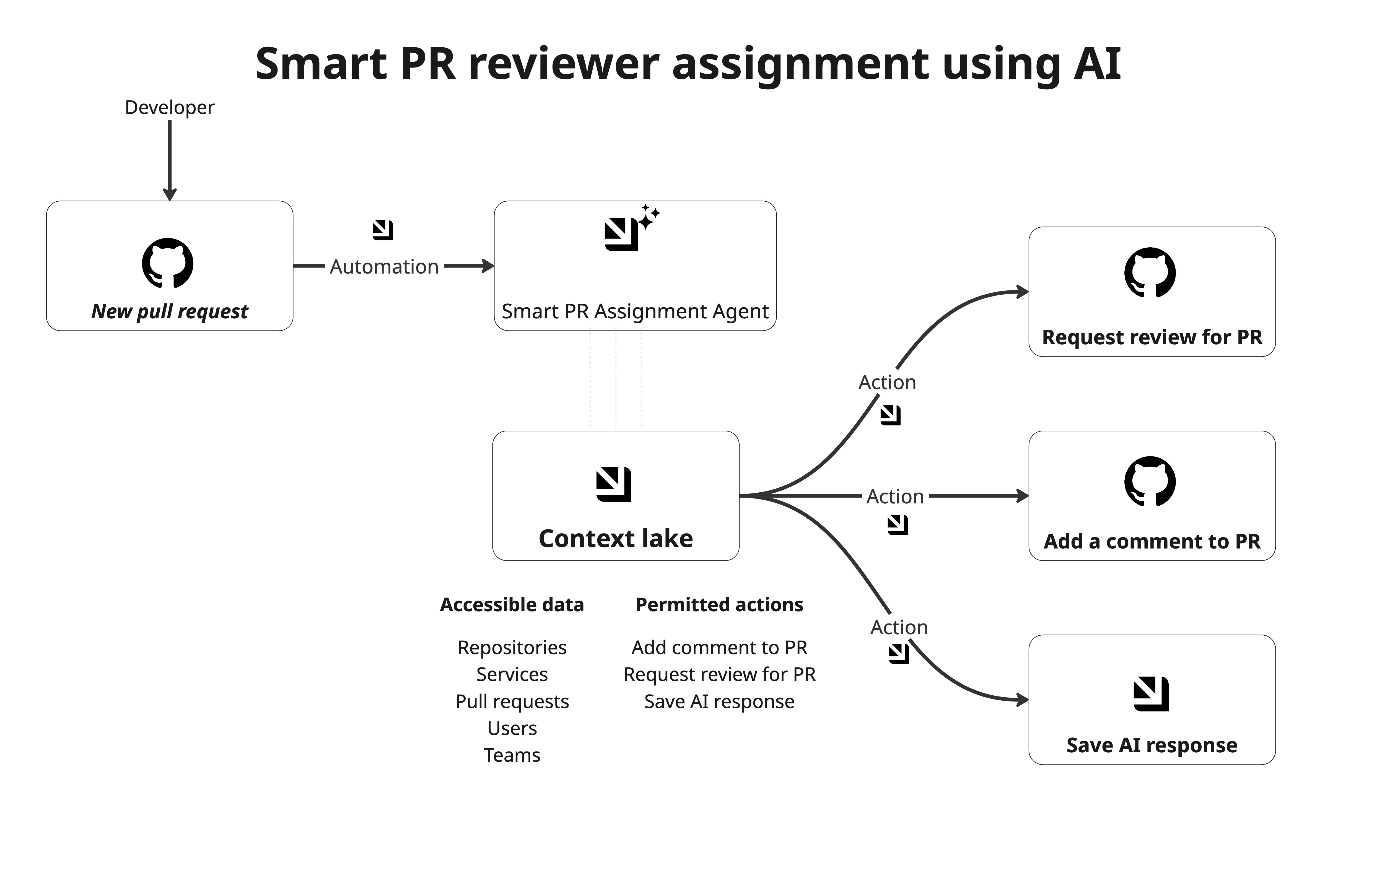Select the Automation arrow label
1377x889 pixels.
tap(384, 267)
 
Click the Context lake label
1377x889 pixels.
tap(616, 538)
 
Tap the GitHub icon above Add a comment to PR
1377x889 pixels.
tap(1150, 482)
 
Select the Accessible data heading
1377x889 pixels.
tap(512, 604)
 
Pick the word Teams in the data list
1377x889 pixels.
tap(512, 755)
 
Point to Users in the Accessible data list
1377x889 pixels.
tap(512, 728)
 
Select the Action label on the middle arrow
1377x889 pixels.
tap(895, 497)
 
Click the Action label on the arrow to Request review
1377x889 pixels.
tap(887, 382)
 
